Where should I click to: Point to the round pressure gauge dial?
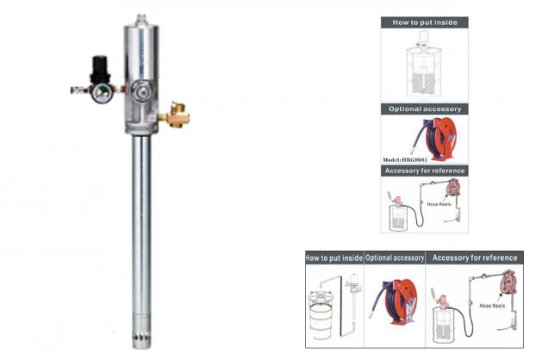[101, 93]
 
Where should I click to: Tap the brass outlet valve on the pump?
[176, 115]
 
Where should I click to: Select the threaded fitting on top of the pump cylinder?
[140, 20]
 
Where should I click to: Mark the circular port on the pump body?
[142, 90]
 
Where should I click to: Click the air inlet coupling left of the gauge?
[79, 90]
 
